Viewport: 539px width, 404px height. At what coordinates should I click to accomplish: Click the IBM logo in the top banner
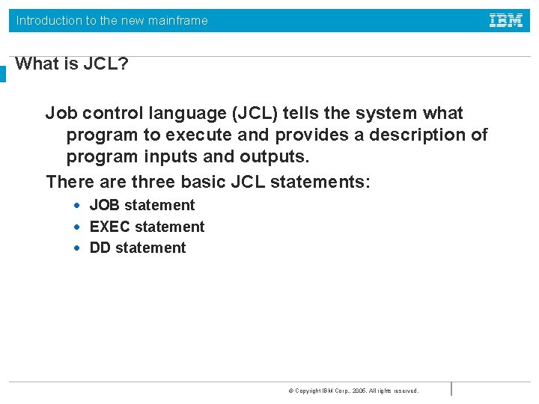[506, 20]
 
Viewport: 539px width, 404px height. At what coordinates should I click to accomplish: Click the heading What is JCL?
[72, 64]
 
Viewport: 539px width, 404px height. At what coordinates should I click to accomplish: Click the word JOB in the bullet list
[105, 206]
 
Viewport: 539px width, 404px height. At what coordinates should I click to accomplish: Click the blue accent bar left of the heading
[3, 73]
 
